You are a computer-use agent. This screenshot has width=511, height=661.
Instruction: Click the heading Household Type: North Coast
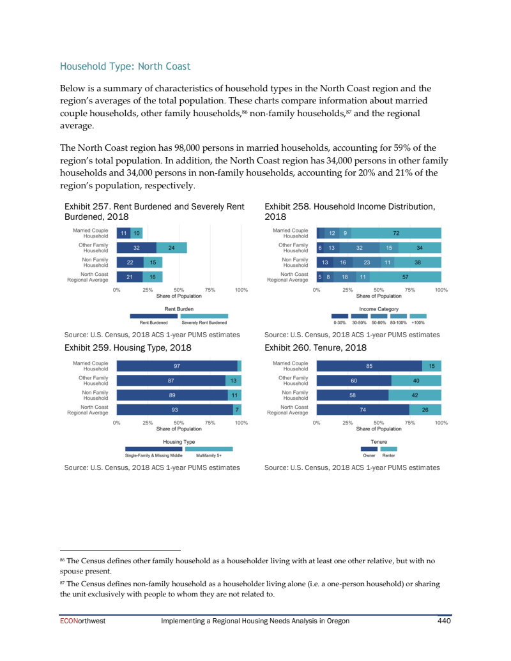point(125,66)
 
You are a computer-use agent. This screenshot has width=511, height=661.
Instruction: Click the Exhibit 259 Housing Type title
point(128,348)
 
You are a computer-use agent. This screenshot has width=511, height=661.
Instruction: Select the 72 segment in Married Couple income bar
point(396,234)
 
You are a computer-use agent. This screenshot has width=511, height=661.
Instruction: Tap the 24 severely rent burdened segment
point(171,248)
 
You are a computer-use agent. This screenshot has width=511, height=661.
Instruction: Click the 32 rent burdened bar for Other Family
point(137,248)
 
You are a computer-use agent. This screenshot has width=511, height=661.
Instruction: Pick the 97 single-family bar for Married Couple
point(177,366)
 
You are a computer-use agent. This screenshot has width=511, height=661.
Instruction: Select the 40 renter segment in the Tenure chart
point(416,381)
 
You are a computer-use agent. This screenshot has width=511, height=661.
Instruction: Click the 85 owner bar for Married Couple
point(369,366)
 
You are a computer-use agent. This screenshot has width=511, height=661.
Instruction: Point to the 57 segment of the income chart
point(405,277)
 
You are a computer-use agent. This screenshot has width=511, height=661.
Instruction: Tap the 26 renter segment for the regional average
point(425,410)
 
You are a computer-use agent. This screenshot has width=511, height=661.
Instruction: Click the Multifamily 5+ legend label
point(209,455)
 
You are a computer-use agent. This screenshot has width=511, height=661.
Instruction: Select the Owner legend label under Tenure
point(369,455)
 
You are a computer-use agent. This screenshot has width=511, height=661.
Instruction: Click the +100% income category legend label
point(418,323)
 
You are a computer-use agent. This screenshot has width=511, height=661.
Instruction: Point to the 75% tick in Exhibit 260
point(409,423)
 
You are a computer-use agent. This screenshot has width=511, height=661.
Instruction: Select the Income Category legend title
point(379,309)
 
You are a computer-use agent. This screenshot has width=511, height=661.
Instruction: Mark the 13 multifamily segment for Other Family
point(234,381)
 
